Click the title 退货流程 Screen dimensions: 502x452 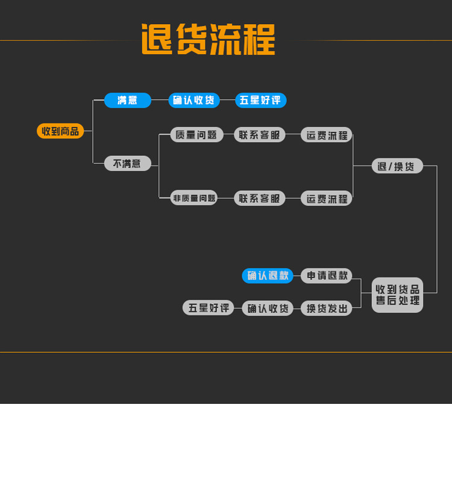coord(208,40)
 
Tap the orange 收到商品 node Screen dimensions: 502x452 coord(60,131)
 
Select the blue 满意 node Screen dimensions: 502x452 coord(127,101)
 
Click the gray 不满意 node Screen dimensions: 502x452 coord(127,164)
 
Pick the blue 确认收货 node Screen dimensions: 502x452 coord(193,101)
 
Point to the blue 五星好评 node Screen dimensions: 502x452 coord(260,101)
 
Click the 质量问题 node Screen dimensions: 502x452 coord(196,135)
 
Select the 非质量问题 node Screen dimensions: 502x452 coord(194,198)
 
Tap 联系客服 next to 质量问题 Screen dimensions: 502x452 coord(260,135)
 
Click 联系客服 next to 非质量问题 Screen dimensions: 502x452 coord(260,198)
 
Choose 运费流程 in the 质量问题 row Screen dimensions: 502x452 coord(327,135)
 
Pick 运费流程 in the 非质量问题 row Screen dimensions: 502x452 coord(327,198)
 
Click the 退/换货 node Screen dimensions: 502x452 coord(397,166)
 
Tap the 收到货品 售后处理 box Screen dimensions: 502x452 coord(397,295)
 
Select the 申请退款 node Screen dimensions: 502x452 coord(327,276)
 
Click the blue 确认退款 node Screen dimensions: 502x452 coord(268,276)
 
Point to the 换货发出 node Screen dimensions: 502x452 coord(327,308)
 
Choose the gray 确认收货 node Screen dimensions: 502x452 coord(268,308)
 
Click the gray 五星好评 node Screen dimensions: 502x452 coord(209,308)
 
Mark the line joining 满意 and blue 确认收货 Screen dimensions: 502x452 coord(160,100)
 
